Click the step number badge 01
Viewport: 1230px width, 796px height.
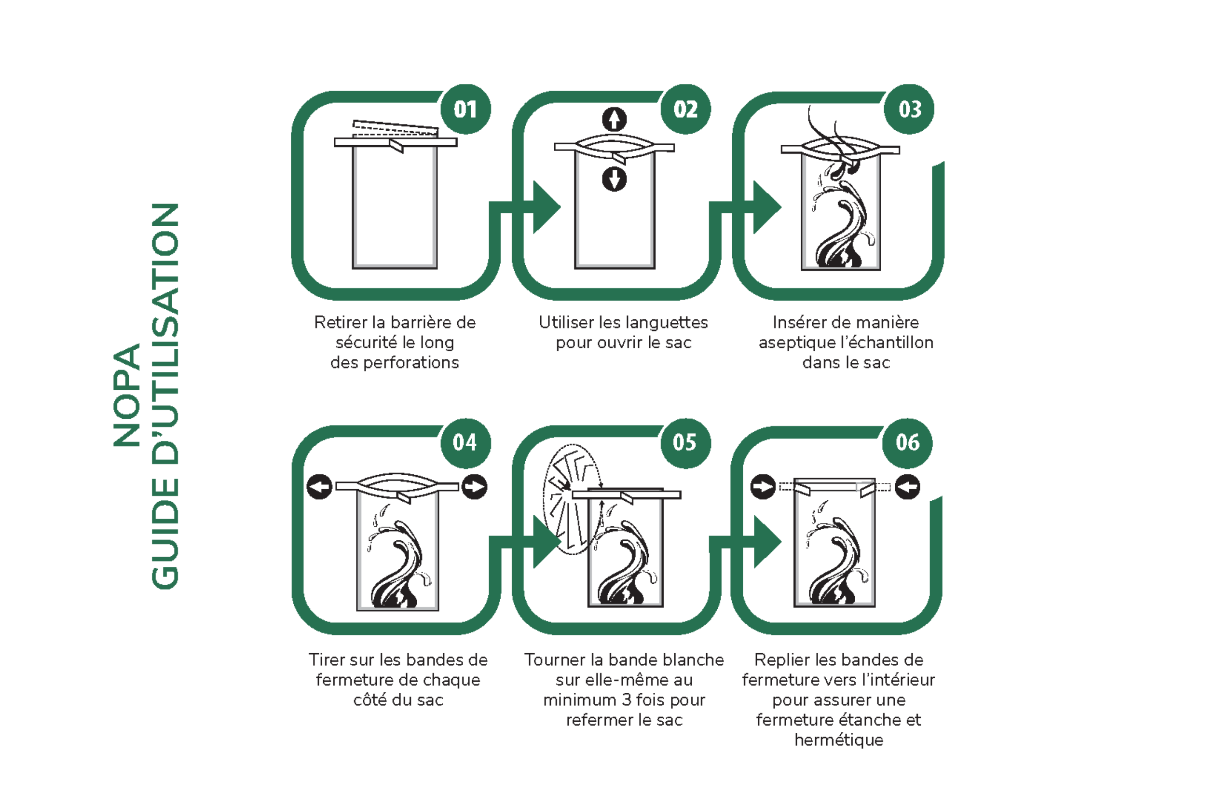(x=465, y=109)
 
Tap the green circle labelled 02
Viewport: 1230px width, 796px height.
(x=686, y=109)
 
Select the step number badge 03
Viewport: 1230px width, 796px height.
(x=910, y=109)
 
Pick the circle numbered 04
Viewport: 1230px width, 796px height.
(x=465, y=443)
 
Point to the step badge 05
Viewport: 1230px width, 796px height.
(x=685, y=443)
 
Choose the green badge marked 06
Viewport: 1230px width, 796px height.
(x=907, y=443)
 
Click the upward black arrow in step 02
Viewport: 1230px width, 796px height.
(x=614, y=120)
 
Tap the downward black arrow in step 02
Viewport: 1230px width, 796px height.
(x=614, y=179)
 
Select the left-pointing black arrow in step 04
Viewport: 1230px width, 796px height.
(x=319, y=487)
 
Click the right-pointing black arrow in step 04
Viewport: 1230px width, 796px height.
(x=475, y=487)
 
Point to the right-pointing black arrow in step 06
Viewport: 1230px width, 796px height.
(x=763, y=487)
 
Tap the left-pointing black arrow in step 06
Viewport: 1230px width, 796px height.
(x=907, y=487)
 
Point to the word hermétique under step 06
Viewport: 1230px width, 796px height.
(x=839, y=740)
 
